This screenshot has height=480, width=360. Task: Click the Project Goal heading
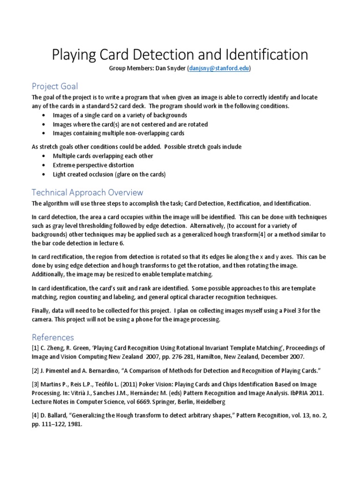click(54, 86)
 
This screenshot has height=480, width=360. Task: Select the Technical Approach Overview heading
click(87, 193)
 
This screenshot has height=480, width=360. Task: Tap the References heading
click(52, 337)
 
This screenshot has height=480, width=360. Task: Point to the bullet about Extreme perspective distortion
click(93, 165)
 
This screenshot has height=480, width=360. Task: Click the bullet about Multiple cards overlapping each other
click(103, 156)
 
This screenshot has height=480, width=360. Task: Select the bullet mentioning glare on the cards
click(109, 174)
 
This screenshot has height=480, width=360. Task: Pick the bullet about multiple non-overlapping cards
click(112, 133)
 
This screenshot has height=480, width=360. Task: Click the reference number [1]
click(36, 348)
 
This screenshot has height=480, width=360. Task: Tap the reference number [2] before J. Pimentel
click(36, 371)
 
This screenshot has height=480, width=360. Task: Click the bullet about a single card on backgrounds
click(120, 115)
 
